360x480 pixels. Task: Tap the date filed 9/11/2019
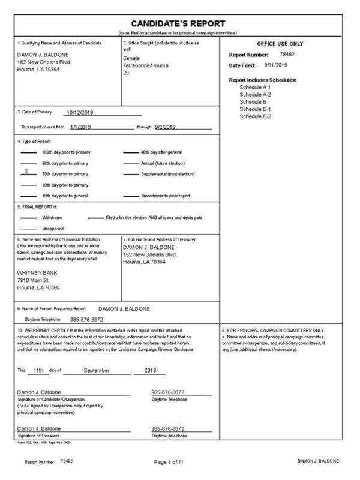[x=277, y=65]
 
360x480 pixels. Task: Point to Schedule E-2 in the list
[x=255, y=116]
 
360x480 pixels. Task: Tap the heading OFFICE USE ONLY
[x=280, y=44]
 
